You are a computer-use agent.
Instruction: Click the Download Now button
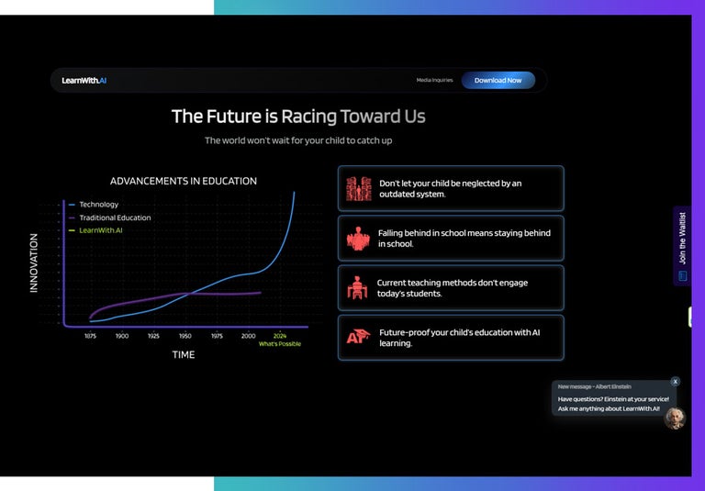498,80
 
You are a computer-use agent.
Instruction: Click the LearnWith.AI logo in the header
84,80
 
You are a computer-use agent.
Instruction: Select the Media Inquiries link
434,80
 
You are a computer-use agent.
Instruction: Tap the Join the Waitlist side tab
682,246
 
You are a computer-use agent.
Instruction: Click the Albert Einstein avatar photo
675,418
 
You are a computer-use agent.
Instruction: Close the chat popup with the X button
676,381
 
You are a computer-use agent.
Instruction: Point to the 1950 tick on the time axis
185,336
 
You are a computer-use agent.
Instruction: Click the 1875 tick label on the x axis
90,336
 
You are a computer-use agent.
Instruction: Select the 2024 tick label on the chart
280,336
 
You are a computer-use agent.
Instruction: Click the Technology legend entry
98,204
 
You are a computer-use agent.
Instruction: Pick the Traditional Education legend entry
115,218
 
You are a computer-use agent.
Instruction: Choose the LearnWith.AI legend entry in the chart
100,230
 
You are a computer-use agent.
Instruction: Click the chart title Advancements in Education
184,181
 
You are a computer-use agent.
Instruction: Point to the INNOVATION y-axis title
34,262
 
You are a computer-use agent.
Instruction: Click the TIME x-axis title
184,354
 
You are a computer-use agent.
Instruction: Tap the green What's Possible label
279,344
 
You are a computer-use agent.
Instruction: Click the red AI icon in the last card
357,338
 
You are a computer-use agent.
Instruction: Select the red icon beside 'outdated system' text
358,189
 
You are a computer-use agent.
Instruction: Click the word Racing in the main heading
308,117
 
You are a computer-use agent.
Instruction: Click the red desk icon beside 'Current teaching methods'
357,288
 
